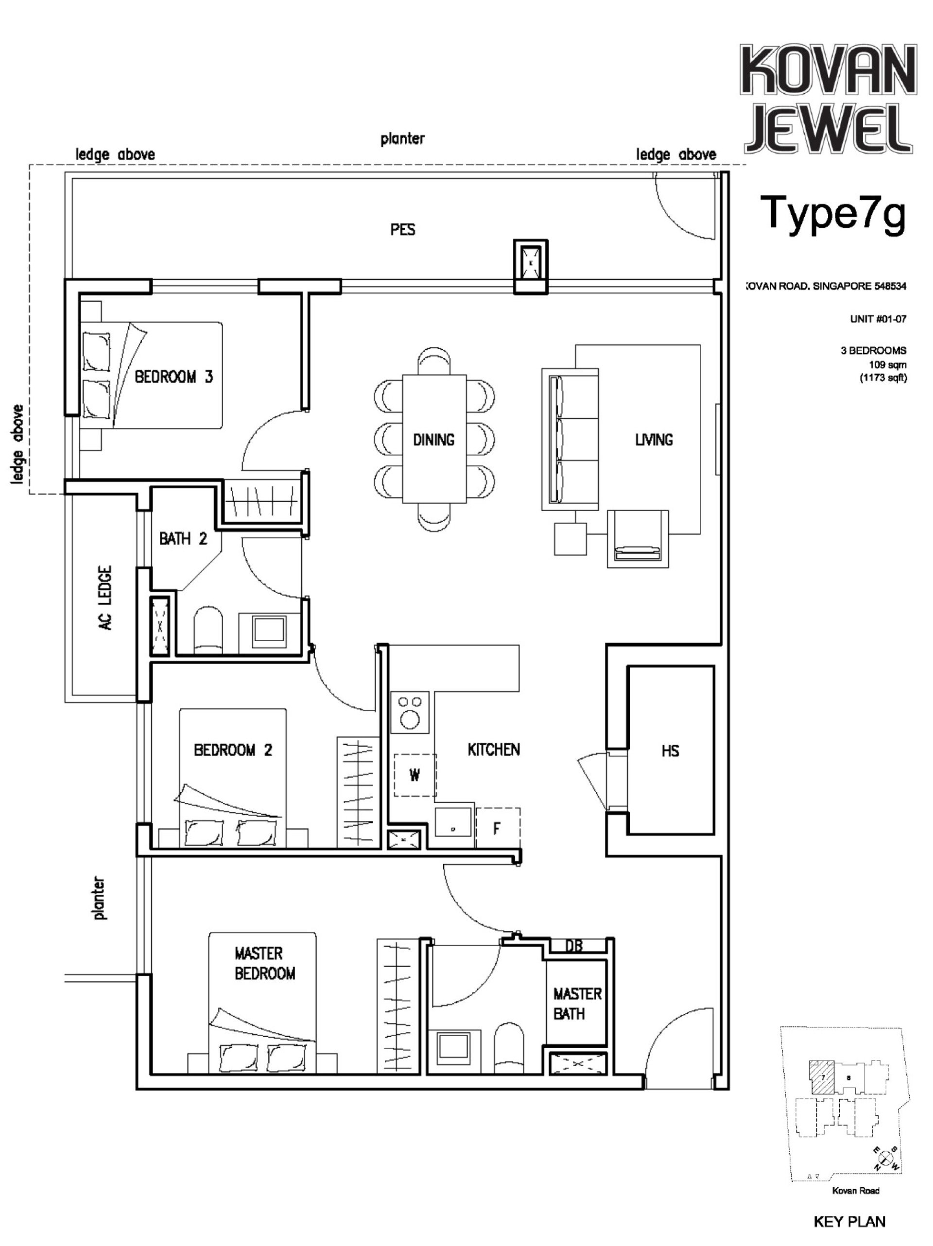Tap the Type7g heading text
pos(833,213)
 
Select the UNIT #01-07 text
pos(877,319)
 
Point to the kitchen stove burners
pos(409,712)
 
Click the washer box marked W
pos(414,775)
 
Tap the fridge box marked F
pos(497,828)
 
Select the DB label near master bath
pos(573,946)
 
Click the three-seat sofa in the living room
pos(569,439)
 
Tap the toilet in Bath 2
pos(208,631)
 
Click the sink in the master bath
pos(453,1047)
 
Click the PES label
pos(402,230)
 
